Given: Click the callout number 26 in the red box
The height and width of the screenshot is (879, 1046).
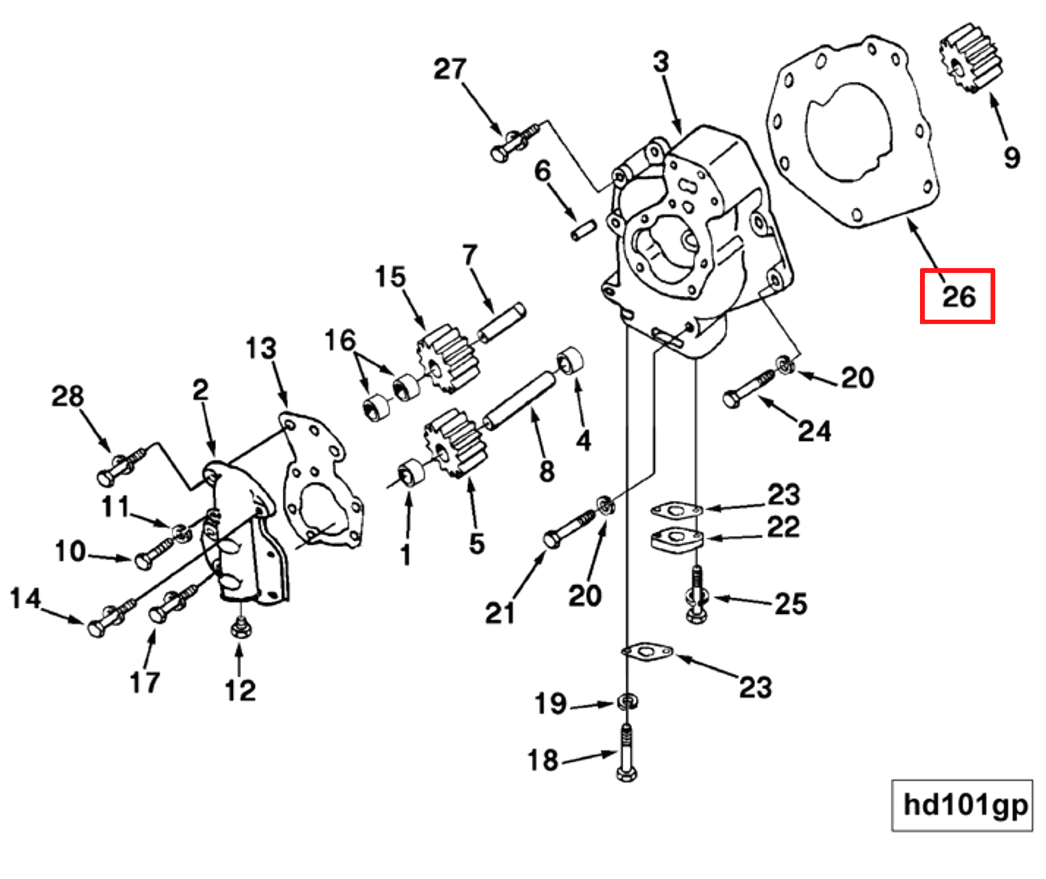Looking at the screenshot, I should pyautogui.click(x=958, y=296).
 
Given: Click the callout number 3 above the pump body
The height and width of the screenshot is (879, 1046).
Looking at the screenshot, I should pyautogui.click(x=661, y=62).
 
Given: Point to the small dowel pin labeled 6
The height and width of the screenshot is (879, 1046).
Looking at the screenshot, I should pyautogui.click(x=583, y=229).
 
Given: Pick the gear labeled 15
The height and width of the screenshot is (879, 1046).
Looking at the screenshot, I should pyautogui.click(x=448, y=357).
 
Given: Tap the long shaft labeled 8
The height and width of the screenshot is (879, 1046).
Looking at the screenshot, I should pyautogui.click(x=519, y=400).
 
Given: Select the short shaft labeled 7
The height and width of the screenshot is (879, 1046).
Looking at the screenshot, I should pyautogui.click(x=501, y=322).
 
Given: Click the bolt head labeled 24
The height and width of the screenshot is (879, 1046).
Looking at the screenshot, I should pyautogui.click(x=733, y=398).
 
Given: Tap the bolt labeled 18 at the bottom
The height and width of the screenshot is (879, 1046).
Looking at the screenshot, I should pyautogui.click(x=626, y=756).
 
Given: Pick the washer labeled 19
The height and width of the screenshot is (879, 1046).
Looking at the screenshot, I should pyautogui.click(x=627, y=702).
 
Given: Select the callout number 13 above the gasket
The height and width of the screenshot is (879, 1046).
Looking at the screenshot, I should pyautogui.click(x=260, y=349).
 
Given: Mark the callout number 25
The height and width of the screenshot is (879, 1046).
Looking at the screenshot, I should pyautogui.click(x=791, y=603).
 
